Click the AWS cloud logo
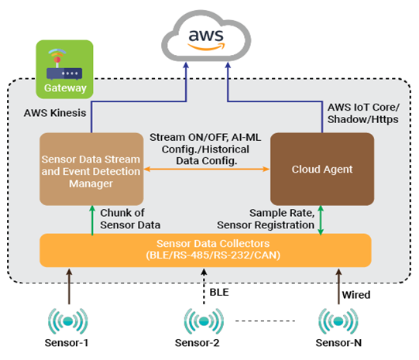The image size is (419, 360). pos(206,36)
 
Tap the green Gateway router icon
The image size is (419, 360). pos(64,69)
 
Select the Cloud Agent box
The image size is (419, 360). pos(322,169)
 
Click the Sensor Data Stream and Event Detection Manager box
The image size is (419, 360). pos(91,169)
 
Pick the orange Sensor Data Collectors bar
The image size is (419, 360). pos(205,250)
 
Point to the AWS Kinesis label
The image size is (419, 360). pos(55,113)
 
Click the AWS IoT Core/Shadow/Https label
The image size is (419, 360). pos(363,113)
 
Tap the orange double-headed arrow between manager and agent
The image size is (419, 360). pos(207,169)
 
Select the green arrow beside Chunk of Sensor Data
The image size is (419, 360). pos(92,221)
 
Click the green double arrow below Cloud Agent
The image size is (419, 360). pos(321,221)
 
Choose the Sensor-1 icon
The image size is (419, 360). pos(68,321)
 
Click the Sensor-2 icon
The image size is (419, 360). pos(204,321)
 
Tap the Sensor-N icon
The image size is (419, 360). pos(338,321)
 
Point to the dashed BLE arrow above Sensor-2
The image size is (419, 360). pos(204,286)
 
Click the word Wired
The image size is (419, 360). pos(356,295)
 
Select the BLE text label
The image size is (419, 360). pos(219,292)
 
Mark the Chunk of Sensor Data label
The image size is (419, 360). pos(130,219)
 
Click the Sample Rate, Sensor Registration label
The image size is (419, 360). pos(266,219)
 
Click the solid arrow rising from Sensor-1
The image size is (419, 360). pos(69,286)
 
